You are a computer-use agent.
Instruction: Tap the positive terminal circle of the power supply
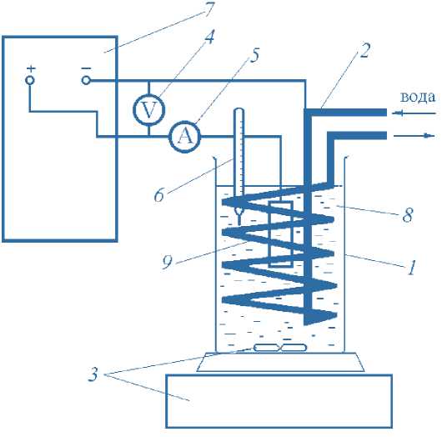[30, 80]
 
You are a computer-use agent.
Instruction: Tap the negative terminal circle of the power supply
[86, 81]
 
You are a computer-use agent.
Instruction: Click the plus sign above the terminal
[31, 68]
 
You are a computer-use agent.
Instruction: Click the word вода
[418, 97]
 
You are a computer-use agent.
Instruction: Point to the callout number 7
[209, 9]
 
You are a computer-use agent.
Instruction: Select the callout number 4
[209, 37]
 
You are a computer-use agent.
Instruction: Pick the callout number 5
[254, 55]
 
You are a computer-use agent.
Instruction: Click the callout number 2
[364, 51]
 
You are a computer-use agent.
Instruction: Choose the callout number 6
[159, 195]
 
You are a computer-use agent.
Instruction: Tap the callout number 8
[408, 214]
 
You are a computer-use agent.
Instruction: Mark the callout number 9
[167, 262]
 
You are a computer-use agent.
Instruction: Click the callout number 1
[411, 267]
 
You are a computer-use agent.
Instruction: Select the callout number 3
[93, 374]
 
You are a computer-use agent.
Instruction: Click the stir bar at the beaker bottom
[280, 348]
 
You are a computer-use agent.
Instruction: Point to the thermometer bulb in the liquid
[239, 211]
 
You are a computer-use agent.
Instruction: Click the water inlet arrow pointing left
[414, 113]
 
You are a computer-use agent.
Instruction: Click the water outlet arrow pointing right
[414, 136]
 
